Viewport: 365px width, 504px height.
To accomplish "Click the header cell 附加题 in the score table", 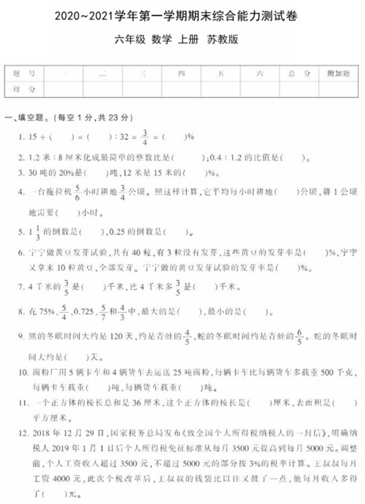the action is pyautogui.click(x=337, y=74).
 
